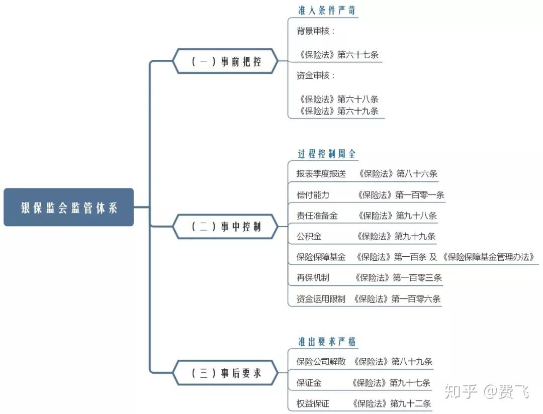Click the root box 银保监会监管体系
pyautogui.click(x=69, y=207)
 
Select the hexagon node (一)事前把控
pyautogui.click(x=226, y=62)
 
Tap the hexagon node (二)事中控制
pyautogui.click(x=226, y=227)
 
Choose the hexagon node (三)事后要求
pyautogui.click(x=226, y=373)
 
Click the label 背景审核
pyautogui.click(x=315, y=31)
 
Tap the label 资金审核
pyautogui.click(x=315, y=76)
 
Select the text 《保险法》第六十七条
pyautogui.click(x=337, y=55)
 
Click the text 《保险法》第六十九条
pyautogui.click(x=337, y=111)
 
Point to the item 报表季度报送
pyautogui.click(x=321, y=174)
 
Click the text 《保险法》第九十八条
pyautogui.click(x=397, y=216)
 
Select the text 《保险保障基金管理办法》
pyautogui.click(x=488, y=257)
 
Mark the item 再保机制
pyautogui.click(x=313, y=277)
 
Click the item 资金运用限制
pyautogui.click(x=321, y=299)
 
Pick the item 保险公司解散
pyautogui.click(x=321, y=361)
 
